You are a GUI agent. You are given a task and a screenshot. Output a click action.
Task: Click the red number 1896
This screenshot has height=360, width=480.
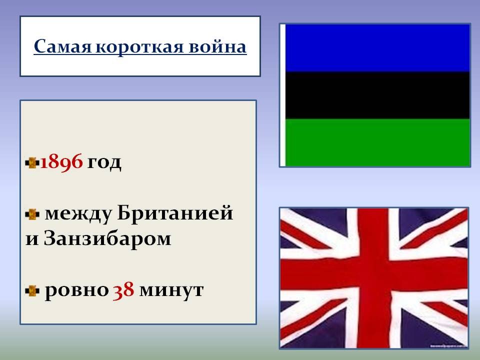[x=60, y=162]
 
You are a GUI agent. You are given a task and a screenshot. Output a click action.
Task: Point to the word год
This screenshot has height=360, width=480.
[x=104, y=162]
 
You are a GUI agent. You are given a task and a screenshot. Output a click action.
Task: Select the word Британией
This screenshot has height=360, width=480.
[x=175, y=214]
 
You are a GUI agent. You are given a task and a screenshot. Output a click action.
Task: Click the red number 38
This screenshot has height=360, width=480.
[x=123, y=290]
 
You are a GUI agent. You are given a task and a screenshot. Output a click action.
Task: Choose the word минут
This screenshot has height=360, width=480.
[x=171, y=290]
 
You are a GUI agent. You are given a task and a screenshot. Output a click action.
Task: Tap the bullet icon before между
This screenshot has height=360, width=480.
[x=32, y=214]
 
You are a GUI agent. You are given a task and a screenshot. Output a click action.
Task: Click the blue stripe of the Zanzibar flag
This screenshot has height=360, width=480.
[x=377, y=48]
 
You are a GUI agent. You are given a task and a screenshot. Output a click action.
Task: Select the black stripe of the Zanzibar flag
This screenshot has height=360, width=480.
[x=377, y=95]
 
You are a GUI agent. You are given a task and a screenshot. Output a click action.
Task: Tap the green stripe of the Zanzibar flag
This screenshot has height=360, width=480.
[x=377, y=142]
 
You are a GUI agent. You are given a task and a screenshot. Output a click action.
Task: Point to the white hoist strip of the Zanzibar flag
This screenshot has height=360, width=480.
[x=283, y=95]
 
